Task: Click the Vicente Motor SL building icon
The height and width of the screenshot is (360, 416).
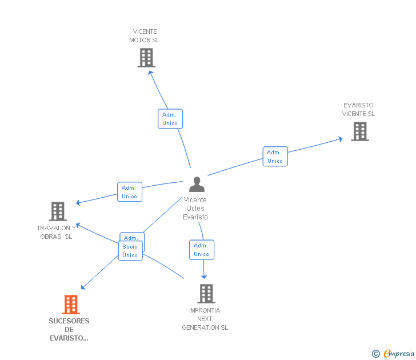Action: pyautogui.click(x=146, y=58)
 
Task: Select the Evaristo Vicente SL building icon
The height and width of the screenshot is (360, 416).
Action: pyautogui.click(x=360, y=131)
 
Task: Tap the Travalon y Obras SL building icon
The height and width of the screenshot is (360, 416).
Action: pyautogui.click(x=58, y=211)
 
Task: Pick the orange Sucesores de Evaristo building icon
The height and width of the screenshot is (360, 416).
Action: pyautogui.click(x=71, y=305)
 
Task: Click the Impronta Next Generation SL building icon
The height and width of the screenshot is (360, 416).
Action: pyautogui.click(x=206, y=294)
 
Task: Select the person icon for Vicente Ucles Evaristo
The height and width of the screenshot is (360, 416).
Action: pyautogui.click(x=197, y=184)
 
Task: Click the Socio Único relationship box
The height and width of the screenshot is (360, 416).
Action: pyautogui.click(x=130, y=251)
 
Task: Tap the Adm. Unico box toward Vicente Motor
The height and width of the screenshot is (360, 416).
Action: pyautogui.click(x=170, y=119)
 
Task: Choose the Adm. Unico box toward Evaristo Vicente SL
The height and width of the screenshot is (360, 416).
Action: pyautogui.click(x=275, y=157)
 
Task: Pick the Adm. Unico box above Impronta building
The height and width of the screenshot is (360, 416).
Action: pyautogui.click(x=202, y=250)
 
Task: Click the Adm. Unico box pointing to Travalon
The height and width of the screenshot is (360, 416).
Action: pyautogui.click(x=130, y=192)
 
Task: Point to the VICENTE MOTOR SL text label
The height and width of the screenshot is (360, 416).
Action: pyautogui.click(x=145, y=36)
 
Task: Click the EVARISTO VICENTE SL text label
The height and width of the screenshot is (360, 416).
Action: pyautogui.click(x=358, y=110)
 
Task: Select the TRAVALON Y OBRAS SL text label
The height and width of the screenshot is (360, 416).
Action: pyautogui.click(x=56, y=233)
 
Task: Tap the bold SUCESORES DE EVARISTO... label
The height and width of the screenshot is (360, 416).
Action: pyautogui.click(x=69, y=330)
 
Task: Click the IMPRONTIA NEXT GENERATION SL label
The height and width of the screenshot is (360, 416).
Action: pyautogui.click(x=205, y=319)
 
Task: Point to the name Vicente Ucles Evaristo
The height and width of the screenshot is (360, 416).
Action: pyautogui.click(x=195, y=208)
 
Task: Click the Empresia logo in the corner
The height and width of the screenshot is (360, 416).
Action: pyautogui.click(x=393, y=353)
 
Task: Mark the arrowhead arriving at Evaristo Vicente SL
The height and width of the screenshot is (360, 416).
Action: pyautogui.click(x=341, y=139)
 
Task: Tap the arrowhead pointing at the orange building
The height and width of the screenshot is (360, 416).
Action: pyautogui.click(x=83, y=287)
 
